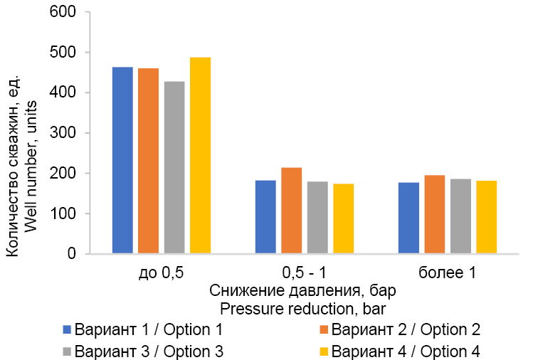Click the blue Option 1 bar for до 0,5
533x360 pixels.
coord(122,160)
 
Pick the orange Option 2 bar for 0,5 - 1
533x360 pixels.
coord(291,211)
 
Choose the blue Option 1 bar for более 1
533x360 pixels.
coord(408,218)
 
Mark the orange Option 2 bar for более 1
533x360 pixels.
coord(435,214)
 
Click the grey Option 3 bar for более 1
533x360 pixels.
coord(460,216)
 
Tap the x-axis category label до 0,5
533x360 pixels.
coord(161,274)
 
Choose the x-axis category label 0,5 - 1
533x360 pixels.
coord(304,274)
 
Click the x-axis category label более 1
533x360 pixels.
coord(447,274)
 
